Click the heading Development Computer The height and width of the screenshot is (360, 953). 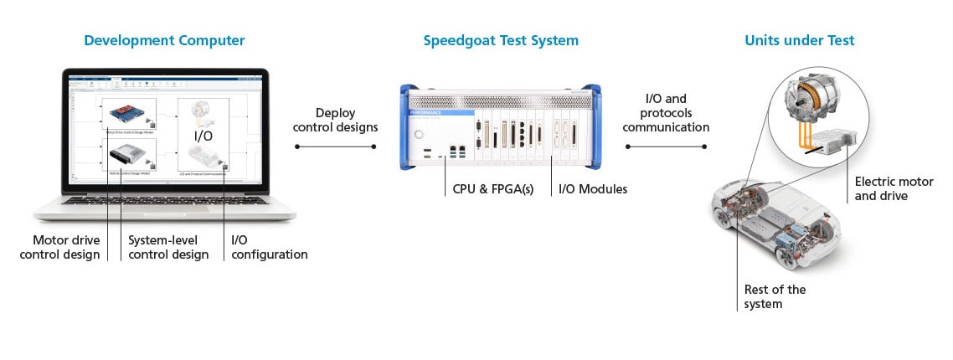point(165,40)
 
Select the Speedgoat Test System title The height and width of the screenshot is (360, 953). point(501,40)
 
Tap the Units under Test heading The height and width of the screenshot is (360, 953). point(800,40)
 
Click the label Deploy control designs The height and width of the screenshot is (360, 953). point(335,120)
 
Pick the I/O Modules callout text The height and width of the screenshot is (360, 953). point(593,189)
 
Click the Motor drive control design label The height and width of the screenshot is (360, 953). point(59,247)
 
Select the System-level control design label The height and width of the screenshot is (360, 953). point(168,247)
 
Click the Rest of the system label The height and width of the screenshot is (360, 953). point(775,296)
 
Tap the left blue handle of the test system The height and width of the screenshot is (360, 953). point(406,126)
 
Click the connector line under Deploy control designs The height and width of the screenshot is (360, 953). point(335,147)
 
